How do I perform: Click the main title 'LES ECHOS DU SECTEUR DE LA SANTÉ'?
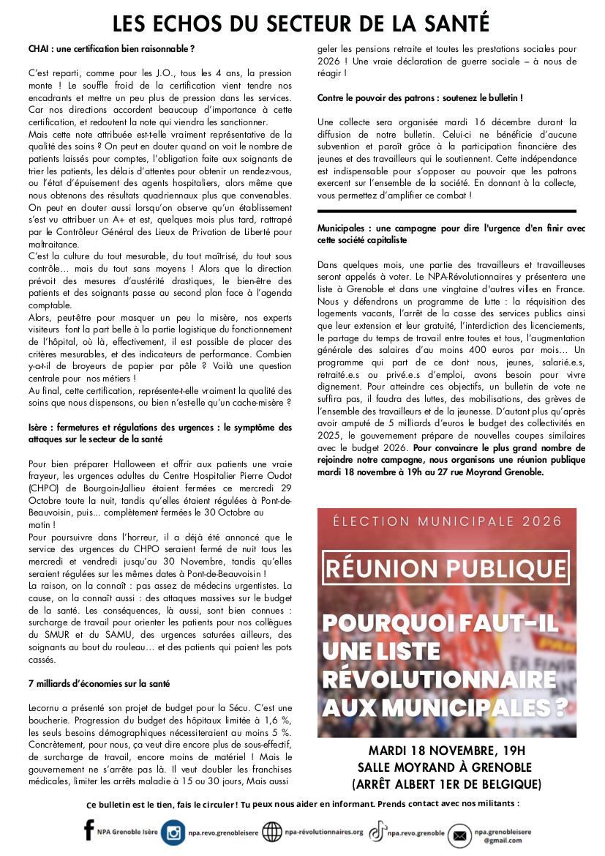(301, 23)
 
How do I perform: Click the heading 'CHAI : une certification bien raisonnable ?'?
(111, 49)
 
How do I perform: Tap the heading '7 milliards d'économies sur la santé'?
(99, 683)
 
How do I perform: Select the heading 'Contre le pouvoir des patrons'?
(420, 97)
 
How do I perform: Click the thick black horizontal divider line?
(447, 212)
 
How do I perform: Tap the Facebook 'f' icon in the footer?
(89, 830)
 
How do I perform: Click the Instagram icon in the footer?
(173, 833)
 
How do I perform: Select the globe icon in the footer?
(271, 833)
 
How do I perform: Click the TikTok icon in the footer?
(377, 832)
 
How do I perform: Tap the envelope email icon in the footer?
(459, 834)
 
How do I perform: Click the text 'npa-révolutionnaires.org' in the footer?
(323, 833)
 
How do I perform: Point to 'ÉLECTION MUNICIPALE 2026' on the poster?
(447, 521)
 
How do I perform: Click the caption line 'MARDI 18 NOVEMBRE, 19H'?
(446, 751)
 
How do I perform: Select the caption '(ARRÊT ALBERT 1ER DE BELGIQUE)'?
(446, 784)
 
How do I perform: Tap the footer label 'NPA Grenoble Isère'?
(127, 833)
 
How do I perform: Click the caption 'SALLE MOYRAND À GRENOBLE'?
(446, 767)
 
